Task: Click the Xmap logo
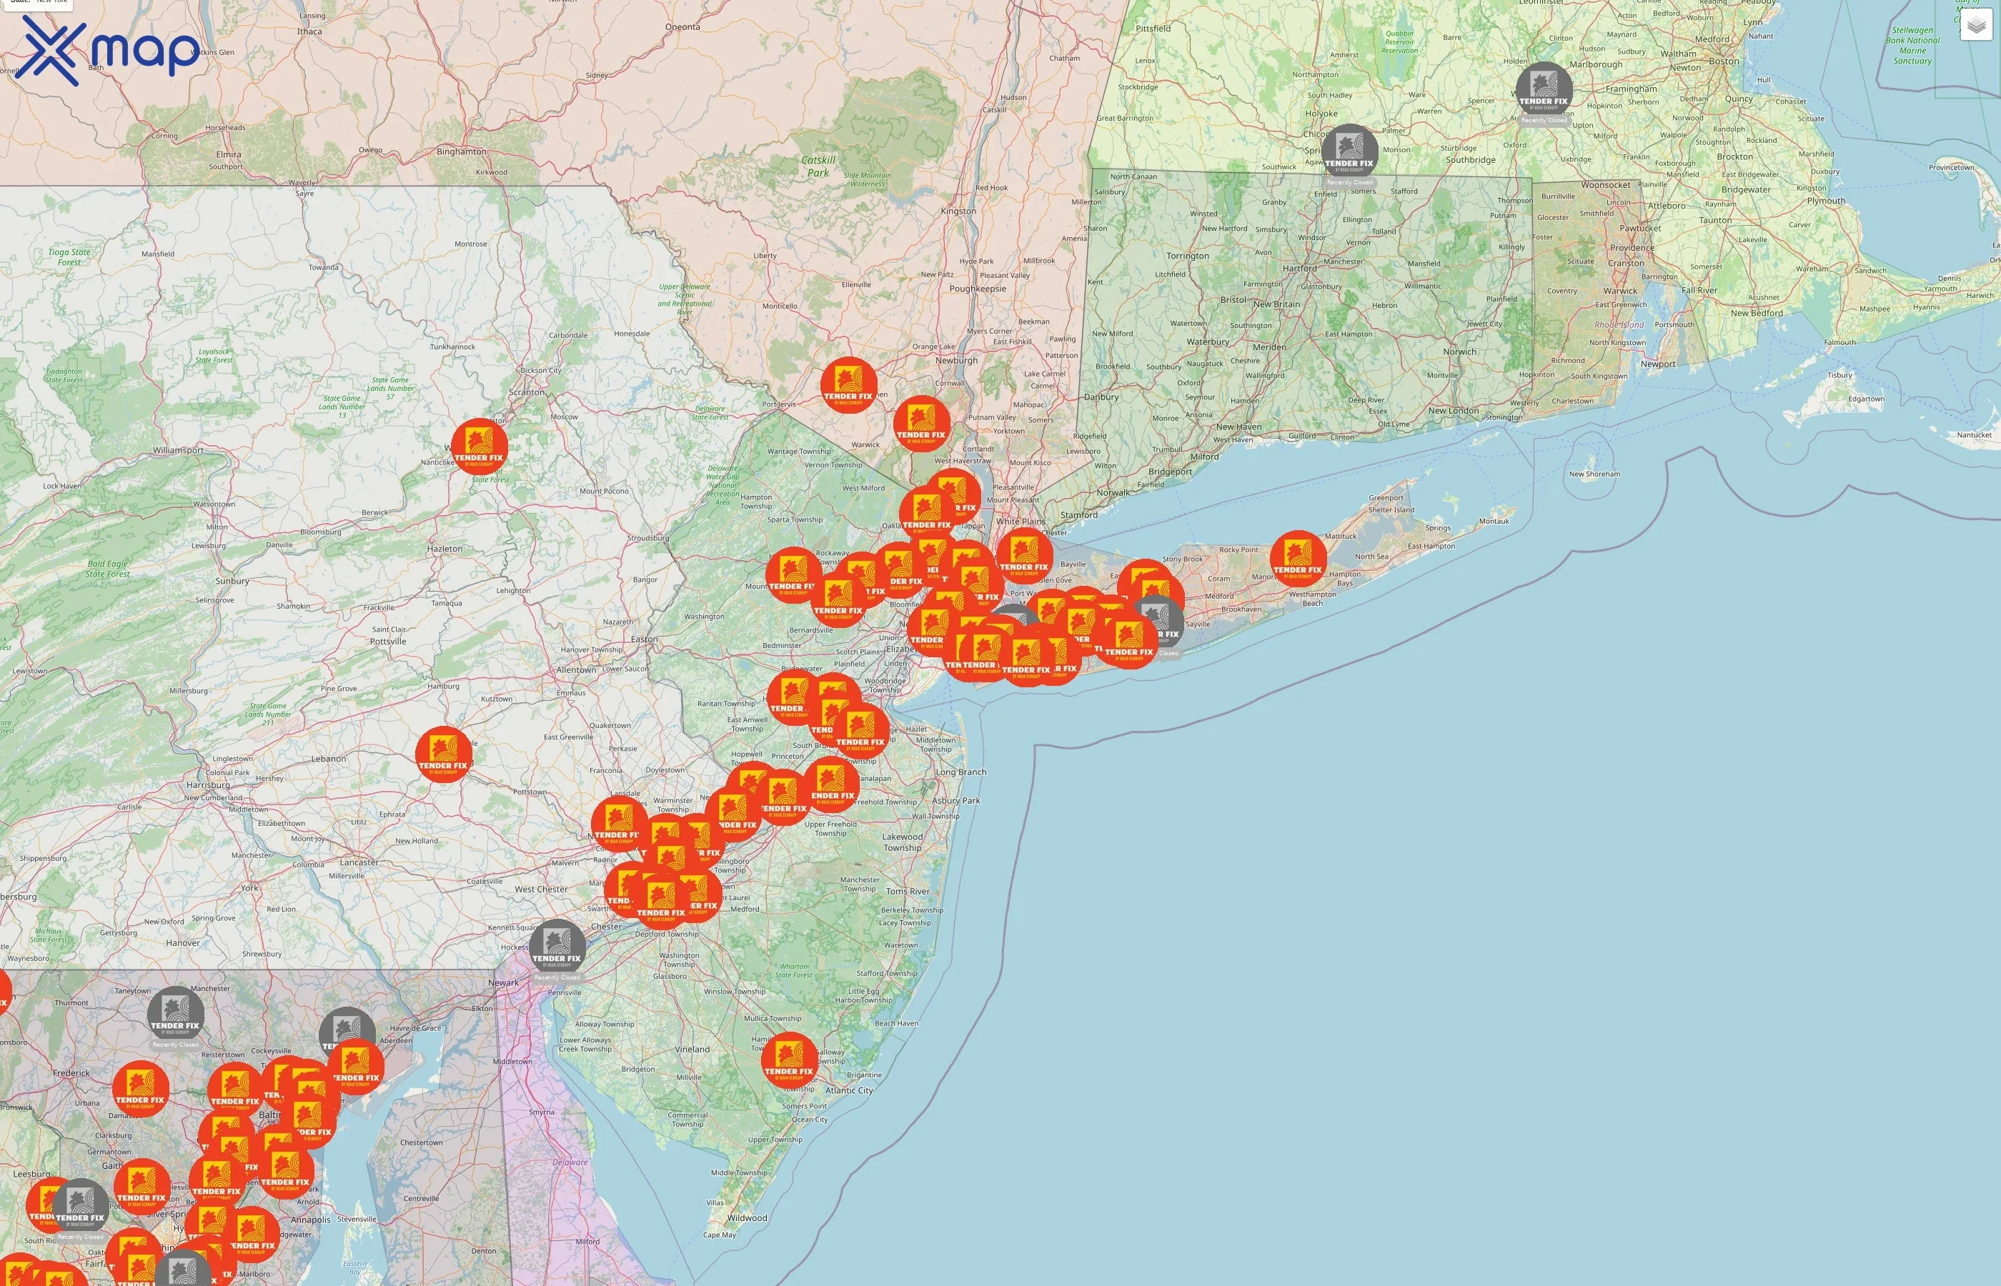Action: (x=109, y=50)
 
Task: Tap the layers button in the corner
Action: (x=1975, y=25)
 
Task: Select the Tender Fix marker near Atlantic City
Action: (x=788, y=1060)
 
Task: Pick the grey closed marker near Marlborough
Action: (x=1544, y=89)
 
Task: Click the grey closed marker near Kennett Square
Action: (x=557, y=947)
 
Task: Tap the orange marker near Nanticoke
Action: (x=480, y=447)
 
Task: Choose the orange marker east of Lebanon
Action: (x=444, y=754)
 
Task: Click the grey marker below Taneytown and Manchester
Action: (x=175, y=1014)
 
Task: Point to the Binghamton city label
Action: (x=461, y=152)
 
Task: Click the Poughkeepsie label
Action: (x=977, y=289)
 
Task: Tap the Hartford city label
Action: (x=1299, y=269)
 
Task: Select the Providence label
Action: (x=1632, y=248)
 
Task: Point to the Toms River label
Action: (x=908, y=891)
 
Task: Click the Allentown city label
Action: (x=576, y=669)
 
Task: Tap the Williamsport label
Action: (x=178, y=450)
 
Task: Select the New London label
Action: (x=1453, y=411)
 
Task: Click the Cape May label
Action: (x=719, y=1235)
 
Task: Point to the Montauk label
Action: (x=1494, y=521)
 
